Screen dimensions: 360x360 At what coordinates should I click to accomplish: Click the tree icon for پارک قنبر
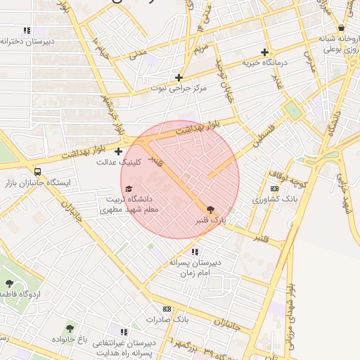(x=209, y=209)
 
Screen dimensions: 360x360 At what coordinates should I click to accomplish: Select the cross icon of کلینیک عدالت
(x=118, y=150)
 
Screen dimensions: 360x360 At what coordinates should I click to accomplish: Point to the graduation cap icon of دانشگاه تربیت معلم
(x=128, y=188)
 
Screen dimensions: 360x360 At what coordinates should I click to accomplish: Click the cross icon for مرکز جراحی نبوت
(x=179, y=77)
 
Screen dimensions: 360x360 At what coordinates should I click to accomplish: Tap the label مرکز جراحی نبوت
(x=179, y=89)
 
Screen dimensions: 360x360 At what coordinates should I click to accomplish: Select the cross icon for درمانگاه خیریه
(x=264, y=52)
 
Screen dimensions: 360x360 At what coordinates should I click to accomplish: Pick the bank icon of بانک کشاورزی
(x=275, y=188)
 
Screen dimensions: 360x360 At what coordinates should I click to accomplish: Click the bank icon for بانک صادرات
(x=167, y=309)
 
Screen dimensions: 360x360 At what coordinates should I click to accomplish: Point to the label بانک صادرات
(x=169, y=320)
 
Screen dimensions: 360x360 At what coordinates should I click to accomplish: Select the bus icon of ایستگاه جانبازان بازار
(x=37, y=171)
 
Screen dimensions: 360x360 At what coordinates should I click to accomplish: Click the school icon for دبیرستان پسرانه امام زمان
(x=195, y=251)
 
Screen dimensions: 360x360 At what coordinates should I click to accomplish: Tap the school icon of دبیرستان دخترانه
(x=27, y=30)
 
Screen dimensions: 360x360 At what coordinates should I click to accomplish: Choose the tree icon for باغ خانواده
(x=69, y=328)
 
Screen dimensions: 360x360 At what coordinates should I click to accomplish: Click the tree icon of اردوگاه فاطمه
(x=9, y=283)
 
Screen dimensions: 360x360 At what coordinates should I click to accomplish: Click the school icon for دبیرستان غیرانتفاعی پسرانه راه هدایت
(x=124, y=331)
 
